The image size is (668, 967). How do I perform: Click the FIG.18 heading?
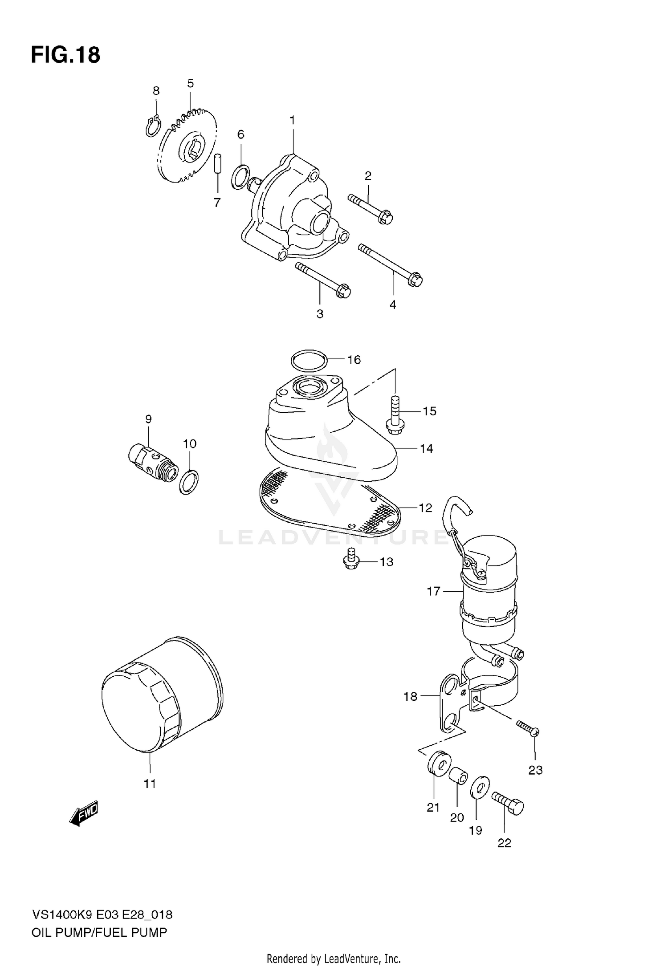(65, 55)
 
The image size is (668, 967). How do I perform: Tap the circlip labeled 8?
(153, 126)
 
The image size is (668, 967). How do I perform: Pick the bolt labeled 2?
(370, 208)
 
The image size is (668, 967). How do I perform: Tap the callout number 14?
(426, 448)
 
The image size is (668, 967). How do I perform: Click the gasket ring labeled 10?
(189, 482)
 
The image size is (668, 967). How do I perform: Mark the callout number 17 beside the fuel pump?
(433, 591)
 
